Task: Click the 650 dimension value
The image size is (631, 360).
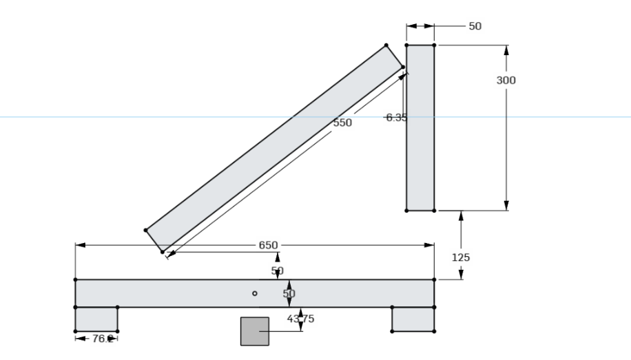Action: (268, 245)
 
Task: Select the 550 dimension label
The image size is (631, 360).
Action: (342, 123)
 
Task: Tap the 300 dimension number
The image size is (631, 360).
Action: (506, 81)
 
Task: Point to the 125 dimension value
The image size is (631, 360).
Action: (460, 257)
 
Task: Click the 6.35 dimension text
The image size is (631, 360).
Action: (395, 117)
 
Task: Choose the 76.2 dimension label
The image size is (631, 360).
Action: (101, 338)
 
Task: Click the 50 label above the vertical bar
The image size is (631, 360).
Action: (475, 26)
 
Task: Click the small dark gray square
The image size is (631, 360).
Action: (254, 331)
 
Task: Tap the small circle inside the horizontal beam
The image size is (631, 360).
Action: (255, 293)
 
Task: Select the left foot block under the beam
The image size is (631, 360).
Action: (96, 319)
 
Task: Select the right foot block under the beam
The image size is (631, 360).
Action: (413, 319)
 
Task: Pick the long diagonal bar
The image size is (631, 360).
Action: (276, 148)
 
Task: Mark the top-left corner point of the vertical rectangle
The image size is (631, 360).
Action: (406, 45)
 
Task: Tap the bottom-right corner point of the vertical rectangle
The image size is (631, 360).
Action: (434, 211)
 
